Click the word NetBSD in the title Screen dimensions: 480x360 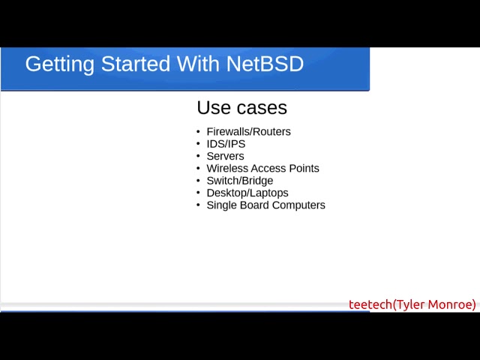point(265,64)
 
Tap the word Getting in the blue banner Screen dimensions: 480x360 point(60,65)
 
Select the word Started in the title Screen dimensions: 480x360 point(136,64)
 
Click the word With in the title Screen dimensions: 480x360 point(198,64)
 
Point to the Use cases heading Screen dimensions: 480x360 point(241,107)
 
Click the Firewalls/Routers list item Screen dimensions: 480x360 point(248,132)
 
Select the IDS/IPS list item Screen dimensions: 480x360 point(226,144)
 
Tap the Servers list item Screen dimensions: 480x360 point(225,156)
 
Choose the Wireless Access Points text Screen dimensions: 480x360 point(263,168)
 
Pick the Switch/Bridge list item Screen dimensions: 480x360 point(240,181)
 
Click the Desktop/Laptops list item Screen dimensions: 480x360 point(247,193)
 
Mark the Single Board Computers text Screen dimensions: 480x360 point(265,205)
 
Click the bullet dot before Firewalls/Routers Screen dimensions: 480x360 point(198,132)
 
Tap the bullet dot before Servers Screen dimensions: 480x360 point(198,156)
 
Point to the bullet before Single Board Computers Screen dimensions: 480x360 point(198,205)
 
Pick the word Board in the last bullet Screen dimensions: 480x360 point(254,205)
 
